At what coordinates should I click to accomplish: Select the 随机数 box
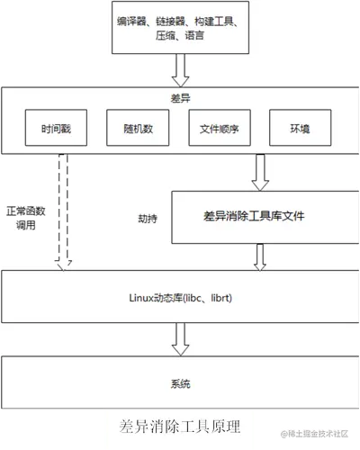tap(130, 129)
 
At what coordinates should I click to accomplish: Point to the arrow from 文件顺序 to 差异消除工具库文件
tap(259, 172)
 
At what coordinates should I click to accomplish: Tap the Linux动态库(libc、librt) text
tap(181, 294)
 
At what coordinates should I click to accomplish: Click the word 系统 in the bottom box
tap(181, 384)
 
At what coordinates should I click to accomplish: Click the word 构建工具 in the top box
tap(217, 19)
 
